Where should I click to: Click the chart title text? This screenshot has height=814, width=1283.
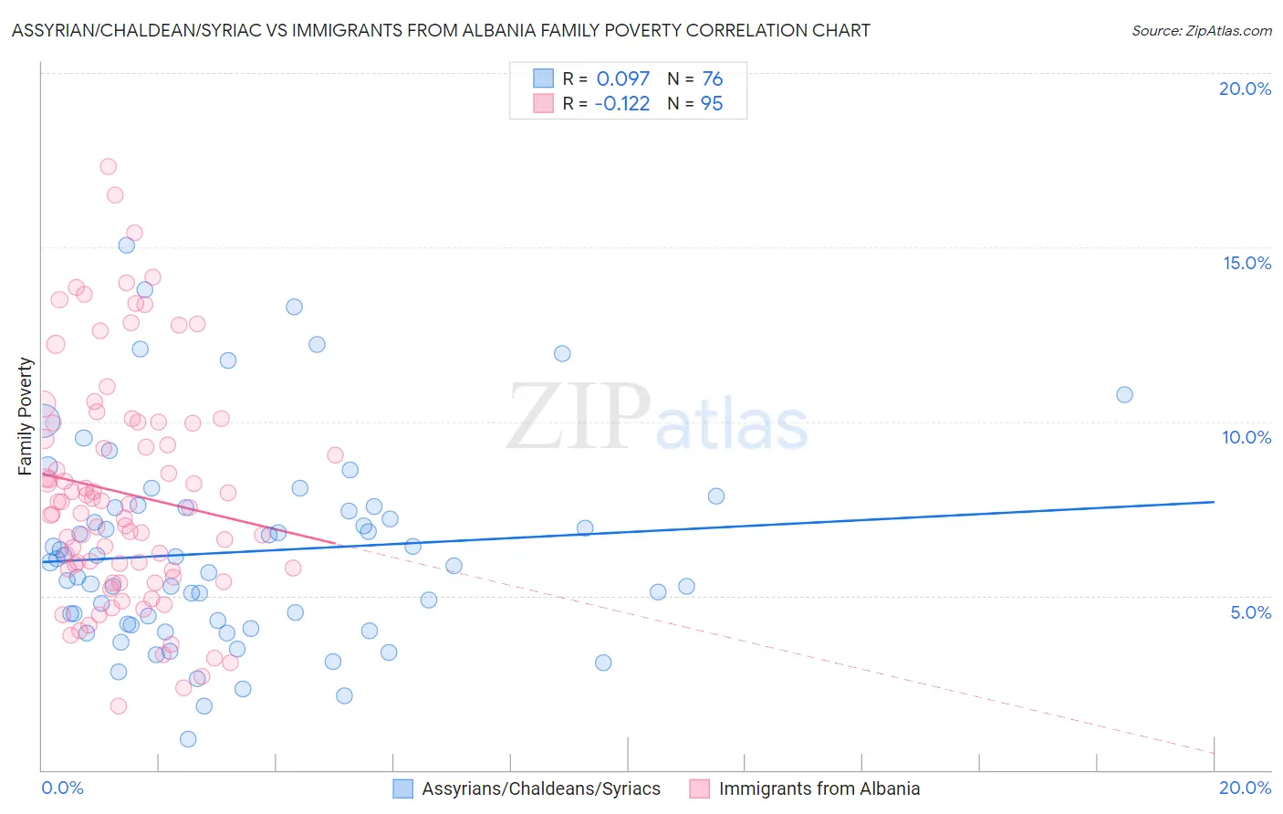tap(441, 30)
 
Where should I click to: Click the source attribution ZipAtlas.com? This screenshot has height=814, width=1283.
tap(1201, 30)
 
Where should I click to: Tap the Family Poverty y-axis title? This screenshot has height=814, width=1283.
tap(26, 416)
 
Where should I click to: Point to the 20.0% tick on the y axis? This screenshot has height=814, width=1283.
tap(1245, 89)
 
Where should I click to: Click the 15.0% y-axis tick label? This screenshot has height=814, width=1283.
tap(1246, 263)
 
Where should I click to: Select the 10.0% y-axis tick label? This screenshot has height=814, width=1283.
tap(1246, 437)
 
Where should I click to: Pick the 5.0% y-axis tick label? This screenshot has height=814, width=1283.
tap(1250, 612)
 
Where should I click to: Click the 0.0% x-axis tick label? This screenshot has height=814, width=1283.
tap(62, 788)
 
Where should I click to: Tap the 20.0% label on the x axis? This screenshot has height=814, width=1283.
tap(1245, 788)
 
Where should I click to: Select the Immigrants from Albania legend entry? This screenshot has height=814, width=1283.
tap(819, 788)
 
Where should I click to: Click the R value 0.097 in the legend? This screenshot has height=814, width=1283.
tap(622, 78)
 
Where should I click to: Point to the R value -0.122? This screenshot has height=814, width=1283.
tap(621, 103)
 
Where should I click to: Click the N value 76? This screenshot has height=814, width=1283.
tap(712, 78)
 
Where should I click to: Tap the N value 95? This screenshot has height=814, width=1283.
tap(712, 103)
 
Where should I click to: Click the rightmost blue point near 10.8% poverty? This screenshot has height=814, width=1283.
tap(1124, 394)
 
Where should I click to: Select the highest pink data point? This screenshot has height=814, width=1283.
tap(108, 166)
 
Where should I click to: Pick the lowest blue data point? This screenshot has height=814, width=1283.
tap(188, 739)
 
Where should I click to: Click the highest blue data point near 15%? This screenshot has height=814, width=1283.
tap(126, 245)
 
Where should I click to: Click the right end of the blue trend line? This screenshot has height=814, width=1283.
tap(1214, 502)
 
